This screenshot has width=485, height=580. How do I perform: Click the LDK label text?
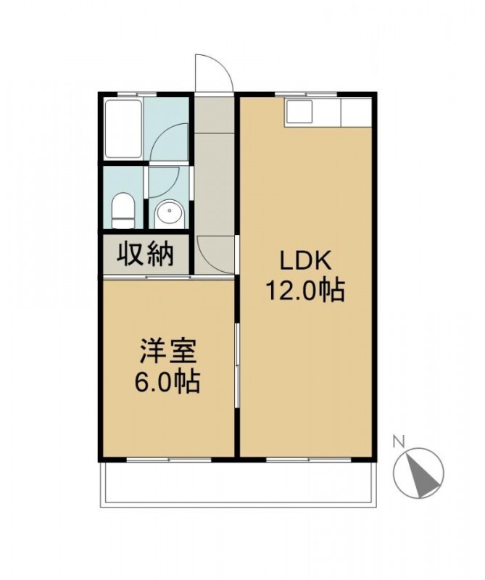coord(305,262)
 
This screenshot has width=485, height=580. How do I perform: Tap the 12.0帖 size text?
coord(305,291)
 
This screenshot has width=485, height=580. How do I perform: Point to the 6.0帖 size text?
coord(167,381)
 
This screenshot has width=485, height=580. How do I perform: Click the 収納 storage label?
coord(146,254)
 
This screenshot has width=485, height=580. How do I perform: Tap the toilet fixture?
coord(123,211)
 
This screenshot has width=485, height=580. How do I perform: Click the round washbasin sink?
coord(170,214)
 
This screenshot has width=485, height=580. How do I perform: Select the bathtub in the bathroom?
coord(123,129)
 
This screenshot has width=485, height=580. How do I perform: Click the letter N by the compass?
coord(398,441)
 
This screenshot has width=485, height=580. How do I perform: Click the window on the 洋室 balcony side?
coord(169,460)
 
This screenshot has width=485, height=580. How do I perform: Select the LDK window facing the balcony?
coord(308,460)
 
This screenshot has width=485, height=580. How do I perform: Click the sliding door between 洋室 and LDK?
coord(237,366)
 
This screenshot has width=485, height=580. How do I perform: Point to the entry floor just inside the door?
coord(214,115)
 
